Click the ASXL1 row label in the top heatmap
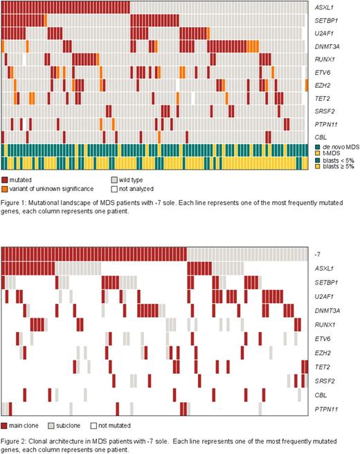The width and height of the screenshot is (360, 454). pos(324,7)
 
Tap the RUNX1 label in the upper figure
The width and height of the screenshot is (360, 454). pos(324,59)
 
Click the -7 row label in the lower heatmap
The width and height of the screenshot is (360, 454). pos(318,255)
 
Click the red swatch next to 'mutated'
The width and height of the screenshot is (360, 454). pos(6,179)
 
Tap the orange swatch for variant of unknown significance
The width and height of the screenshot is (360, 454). pos(6,188)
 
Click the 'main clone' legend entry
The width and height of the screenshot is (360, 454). pos(26,425)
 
